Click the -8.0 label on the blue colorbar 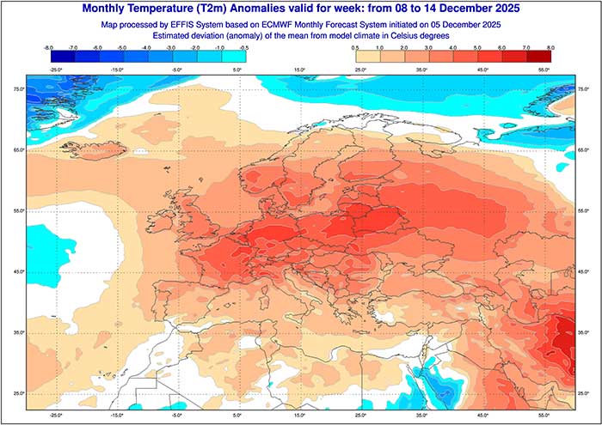[x=47, y=48]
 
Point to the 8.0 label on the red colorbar [x=550, y=48]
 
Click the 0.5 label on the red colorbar [x=354, y=48]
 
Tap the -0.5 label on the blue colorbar [x=244, y=48]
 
